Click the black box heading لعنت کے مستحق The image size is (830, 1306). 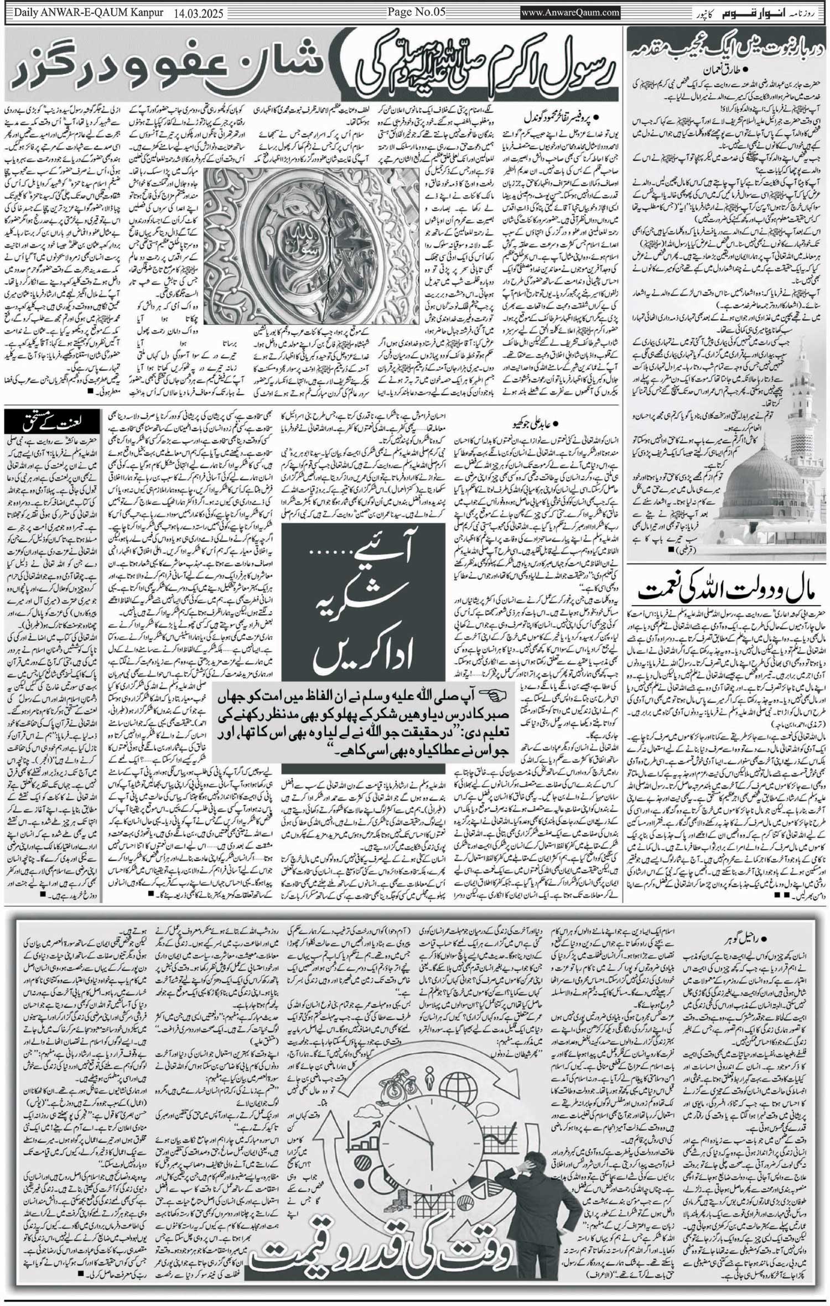(53, 426)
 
